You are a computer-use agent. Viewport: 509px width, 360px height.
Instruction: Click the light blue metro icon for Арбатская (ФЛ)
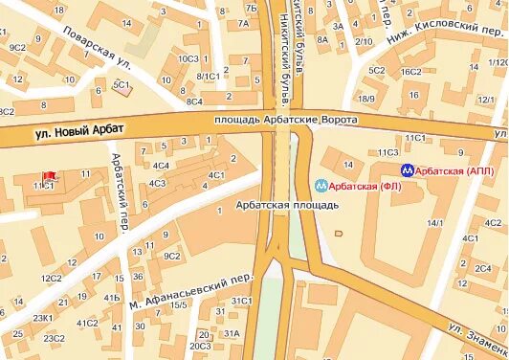pos(322,186)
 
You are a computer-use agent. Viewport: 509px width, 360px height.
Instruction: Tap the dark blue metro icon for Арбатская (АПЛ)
pos(408,171)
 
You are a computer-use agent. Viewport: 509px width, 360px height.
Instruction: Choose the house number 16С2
pos(410,71)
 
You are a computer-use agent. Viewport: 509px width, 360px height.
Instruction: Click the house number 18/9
pos(365,99)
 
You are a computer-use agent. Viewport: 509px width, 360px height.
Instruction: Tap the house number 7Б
pos(251,9)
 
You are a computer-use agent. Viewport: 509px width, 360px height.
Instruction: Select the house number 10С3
pos(187,59)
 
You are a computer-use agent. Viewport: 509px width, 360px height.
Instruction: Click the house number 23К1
pos(42,318)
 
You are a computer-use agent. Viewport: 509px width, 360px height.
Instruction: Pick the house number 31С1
pos(240,301)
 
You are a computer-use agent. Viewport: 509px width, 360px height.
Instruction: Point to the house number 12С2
pos(51,279)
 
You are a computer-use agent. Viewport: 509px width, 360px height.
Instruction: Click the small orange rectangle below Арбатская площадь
pos(338,232)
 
